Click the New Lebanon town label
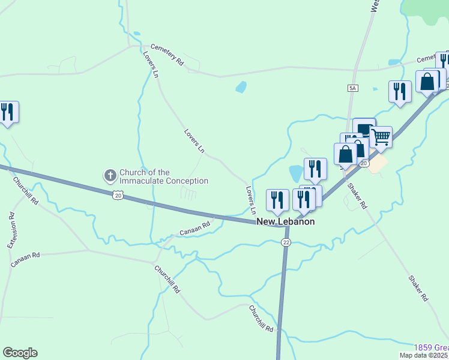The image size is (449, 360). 286,221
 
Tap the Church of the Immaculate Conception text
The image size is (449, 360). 164,176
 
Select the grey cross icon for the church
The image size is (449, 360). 110,176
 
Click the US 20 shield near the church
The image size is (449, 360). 118,195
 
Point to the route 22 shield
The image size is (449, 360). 286,242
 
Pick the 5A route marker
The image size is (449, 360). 352,88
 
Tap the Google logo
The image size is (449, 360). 20,353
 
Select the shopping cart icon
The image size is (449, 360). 381,137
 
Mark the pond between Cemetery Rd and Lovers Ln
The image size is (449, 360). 241,87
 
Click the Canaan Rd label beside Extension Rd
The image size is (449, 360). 25,259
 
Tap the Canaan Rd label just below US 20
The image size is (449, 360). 194,229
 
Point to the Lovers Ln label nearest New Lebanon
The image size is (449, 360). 251,200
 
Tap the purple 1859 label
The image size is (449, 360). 431,348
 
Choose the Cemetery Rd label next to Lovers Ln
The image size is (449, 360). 167,53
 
